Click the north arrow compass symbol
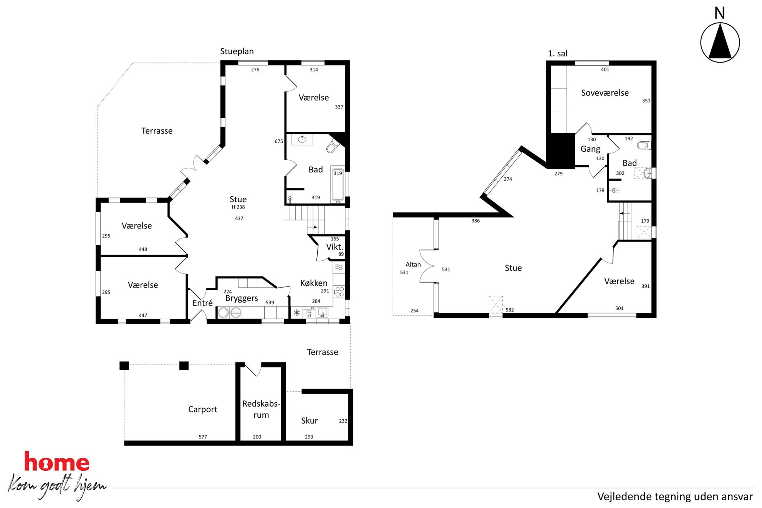click(x=720, y=42)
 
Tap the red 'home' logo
click(x=57, y=462)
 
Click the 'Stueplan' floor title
click(x=237, y=51)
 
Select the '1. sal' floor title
click(x=557, y=53)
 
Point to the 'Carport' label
click(x=203, y=409)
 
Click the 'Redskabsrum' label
click(x=261, y=409)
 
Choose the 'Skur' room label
click(x=310, y=420)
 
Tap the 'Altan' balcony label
click(x=413, y=264)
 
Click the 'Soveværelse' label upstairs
click(x=605, y=93)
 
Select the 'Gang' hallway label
click(x=590, y=149)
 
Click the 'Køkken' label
click(x=314, y=283)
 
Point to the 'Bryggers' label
click(x=242, y=298)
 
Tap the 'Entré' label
click(x=202, y=303)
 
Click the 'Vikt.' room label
click(x=335, y=247)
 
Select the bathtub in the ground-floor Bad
click(x=338, y=184)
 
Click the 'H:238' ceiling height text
click(x=238, y=207)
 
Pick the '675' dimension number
click(x=279, y=141)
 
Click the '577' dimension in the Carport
click(x=203, y=437)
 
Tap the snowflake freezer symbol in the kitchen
click(x=297, y=313)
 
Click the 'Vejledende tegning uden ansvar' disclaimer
click(x=675, y=496)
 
